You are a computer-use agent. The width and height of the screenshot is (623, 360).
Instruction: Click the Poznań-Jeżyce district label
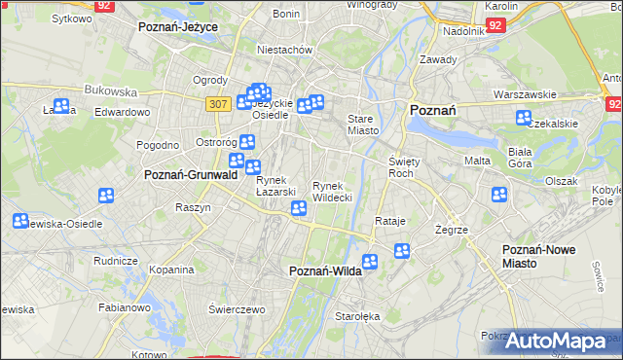pyautogui.click(x=177, y=27)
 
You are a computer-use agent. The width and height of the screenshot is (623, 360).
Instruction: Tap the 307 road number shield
pyautogui.click(x=219, y=101)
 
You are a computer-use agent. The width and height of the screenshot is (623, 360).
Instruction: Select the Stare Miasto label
pyautogui.click(x=364, y=126)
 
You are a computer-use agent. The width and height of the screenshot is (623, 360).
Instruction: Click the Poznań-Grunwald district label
pyautogui.click(x=185, y=175)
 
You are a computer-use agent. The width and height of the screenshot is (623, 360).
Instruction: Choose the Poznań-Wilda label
pyautogui.click(x=326, y=271)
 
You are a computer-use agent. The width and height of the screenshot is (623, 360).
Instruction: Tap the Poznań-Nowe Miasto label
pyautogui.click(x=538, y=256)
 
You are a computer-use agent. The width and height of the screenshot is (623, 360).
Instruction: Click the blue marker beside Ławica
pyautogui.click(x=61, y=107)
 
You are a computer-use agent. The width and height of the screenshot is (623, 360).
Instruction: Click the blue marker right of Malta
pyautogui.click(x=499, y=195)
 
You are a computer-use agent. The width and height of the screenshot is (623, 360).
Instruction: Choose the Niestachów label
pyautogui.click(x=283, y=49)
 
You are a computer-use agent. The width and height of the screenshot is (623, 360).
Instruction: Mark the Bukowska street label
pyautogui.click(x=111, y=90)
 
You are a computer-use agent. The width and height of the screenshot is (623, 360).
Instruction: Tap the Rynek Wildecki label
pyautogui.click(x=331, y=191)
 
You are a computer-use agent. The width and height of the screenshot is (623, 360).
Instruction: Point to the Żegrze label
pyautogui.click(x=453, y=231)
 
